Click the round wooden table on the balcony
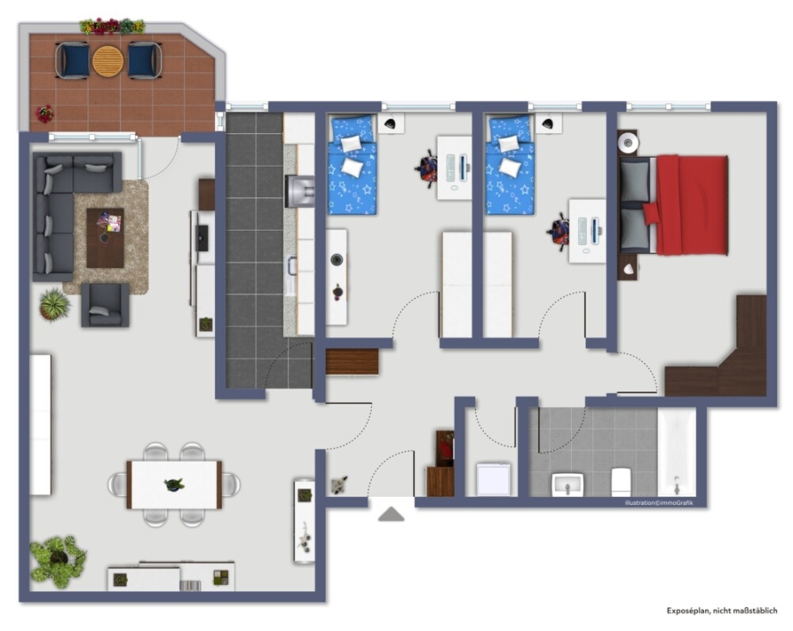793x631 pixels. (x=107, y=61)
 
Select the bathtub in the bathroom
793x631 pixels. (x=677, y=452)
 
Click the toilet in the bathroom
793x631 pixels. (x=620, y=482)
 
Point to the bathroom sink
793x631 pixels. (x=567, y=485)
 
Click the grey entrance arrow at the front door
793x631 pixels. (x=391, y=514)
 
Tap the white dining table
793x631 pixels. (x=174, y=484)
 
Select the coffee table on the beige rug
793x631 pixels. (x=105, y=237)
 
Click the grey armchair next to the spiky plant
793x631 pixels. (x=105, y=305)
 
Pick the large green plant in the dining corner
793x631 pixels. (x=56, y=560)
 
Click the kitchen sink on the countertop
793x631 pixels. (x=292, y=271)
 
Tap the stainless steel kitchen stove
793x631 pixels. (x=300, y=190)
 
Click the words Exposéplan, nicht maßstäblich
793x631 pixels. (x=722, y=611)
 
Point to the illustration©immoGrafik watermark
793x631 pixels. (x=659, y=502)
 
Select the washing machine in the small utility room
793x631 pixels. (x=493, y=479)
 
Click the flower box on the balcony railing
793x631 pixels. (x=112, y=26)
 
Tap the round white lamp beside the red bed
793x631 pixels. (x=627, y=142)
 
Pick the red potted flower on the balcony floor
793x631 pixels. (x=45, y=114)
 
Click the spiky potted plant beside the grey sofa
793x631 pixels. (x=54, y=304)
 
